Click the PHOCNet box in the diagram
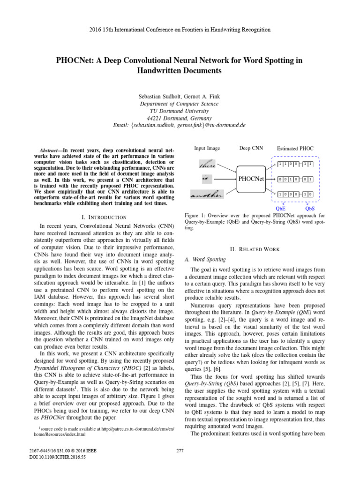click(x=251, y=179)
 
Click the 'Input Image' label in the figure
click(x=207, y=148)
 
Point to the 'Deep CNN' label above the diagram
click(x=251, y=148)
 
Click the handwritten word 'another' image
click(x=207, y=193)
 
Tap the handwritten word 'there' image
click(x=207, y=165)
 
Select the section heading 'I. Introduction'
click(x=103, y=217)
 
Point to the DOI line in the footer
click(x=50, y=457)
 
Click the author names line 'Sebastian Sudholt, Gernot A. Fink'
click(x=180, y=95)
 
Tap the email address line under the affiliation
click(x=180, y=125)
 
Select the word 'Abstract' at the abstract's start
click(x=51, y=149)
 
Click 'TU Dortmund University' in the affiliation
click(x=180, y=111)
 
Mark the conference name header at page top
click(x=180, y=30)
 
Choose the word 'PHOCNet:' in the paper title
click(x=75, y=60)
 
